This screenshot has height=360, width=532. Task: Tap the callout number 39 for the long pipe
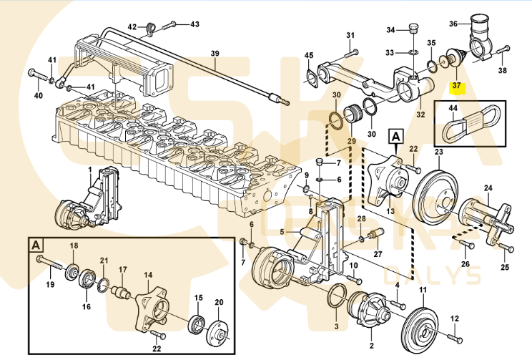click(215, 54)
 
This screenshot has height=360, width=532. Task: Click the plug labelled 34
click(412, 29)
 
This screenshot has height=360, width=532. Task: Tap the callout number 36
click(453, 24)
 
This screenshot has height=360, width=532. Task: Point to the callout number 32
click(420, 112)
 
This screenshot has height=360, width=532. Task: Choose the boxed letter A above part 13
click(395, 135)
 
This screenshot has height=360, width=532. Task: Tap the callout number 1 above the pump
click(91, 170)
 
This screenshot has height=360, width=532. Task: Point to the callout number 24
click(488, 189)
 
